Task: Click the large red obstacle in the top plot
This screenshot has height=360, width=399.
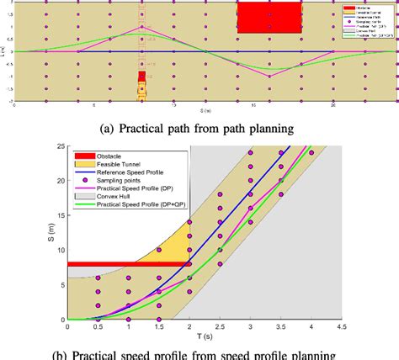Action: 269,17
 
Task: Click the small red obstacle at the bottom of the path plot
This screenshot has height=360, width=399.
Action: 142,77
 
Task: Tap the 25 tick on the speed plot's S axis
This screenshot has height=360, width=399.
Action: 58,146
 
